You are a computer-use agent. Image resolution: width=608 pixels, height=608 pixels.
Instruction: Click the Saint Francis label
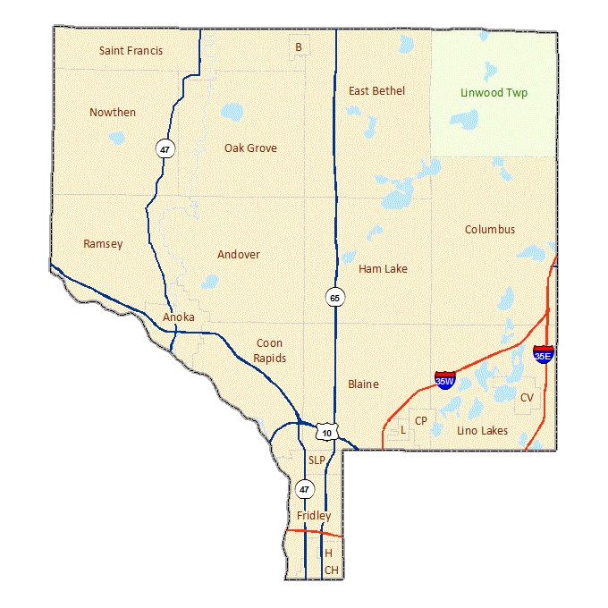pos(131,51)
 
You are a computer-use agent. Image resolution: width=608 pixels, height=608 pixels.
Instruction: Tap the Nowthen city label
pos(113,112)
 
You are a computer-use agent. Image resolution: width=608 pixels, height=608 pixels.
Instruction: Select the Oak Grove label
pos(250,148)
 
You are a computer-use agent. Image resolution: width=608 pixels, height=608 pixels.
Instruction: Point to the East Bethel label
pos(376,90)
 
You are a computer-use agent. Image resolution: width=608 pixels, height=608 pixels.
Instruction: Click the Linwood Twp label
pos(494,92)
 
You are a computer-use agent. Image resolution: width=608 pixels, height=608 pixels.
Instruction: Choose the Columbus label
pos(489,230)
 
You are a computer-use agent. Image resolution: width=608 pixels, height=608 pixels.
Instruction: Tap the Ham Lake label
pos(383,268)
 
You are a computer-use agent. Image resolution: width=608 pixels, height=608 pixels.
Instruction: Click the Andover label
pos(239,255)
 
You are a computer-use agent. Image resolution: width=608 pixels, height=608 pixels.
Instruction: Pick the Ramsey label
pos(103,243)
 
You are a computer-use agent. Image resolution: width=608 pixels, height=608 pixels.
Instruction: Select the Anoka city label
pos(179,317)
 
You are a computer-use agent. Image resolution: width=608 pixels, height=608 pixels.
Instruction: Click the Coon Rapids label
pos(270,350)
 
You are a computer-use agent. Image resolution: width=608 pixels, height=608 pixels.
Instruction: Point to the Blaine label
pos(363,384)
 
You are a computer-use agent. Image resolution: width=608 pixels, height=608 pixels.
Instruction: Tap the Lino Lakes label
pos(482,431)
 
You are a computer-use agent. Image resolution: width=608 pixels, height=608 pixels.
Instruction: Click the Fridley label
pos(314,516)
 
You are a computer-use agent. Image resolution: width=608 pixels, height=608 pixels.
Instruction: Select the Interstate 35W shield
pos(444,379)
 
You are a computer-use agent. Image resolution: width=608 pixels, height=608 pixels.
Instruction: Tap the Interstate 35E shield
pos(543,353)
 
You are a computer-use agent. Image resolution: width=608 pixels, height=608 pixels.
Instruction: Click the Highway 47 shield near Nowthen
pos(164,149)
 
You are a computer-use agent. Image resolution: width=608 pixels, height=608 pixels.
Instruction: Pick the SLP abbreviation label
pos(317,460)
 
